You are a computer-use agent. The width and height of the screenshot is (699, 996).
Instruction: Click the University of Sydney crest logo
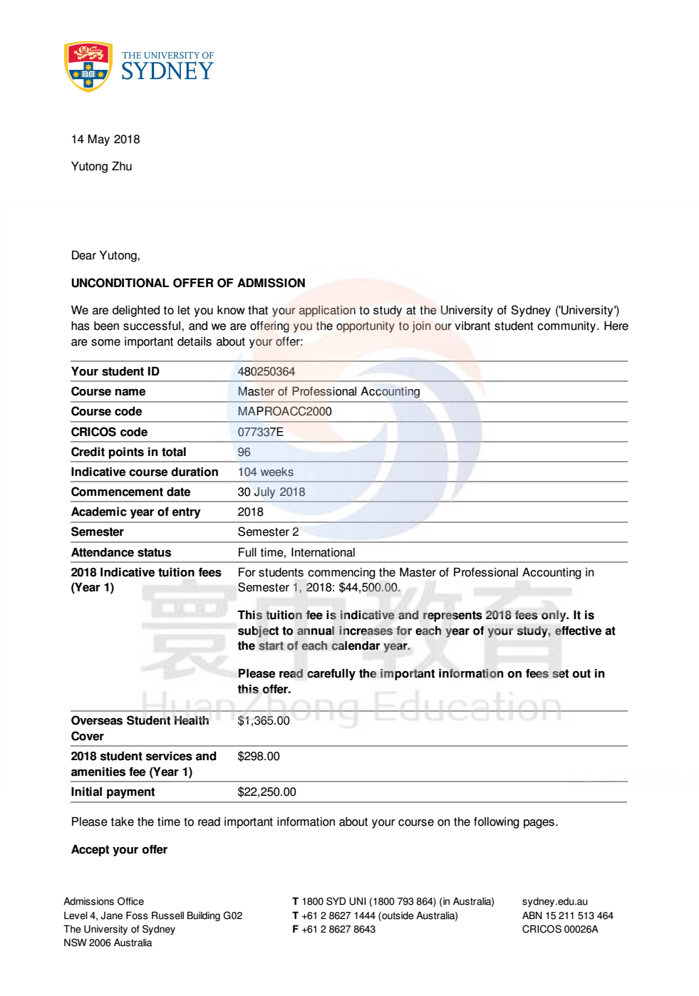88,66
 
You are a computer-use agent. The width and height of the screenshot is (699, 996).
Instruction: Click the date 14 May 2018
105,140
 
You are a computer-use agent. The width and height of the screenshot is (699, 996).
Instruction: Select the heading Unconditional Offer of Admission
188,283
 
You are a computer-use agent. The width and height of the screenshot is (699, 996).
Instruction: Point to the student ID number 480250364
266,371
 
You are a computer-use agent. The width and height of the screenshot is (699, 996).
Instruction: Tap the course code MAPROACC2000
284,411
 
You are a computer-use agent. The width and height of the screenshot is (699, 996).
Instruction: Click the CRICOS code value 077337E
260,432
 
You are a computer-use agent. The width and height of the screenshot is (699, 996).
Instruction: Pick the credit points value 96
244,452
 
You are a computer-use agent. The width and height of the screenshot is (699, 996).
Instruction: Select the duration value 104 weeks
265,472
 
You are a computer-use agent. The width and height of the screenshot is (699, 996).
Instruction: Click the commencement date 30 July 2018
271,492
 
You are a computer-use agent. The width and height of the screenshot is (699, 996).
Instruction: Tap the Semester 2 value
268,531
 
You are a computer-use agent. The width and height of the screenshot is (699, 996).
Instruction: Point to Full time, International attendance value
296,552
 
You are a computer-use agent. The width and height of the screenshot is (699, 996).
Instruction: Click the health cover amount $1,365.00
264,720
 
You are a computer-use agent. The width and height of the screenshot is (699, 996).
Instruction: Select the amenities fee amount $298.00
259,756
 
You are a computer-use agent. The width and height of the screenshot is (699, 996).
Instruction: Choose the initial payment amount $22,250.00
266,792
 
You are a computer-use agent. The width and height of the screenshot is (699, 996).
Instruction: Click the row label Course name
108,391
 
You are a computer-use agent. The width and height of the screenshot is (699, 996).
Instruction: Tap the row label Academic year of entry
135,512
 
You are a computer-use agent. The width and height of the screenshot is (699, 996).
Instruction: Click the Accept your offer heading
119,849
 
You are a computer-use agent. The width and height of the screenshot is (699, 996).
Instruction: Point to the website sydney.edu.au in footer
554,901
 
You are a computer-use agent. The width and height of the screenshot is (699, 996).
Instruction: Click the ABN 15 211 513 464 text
567,915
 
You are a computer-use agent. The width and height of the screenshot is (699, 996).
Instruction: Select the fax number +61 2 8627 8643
338,929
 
